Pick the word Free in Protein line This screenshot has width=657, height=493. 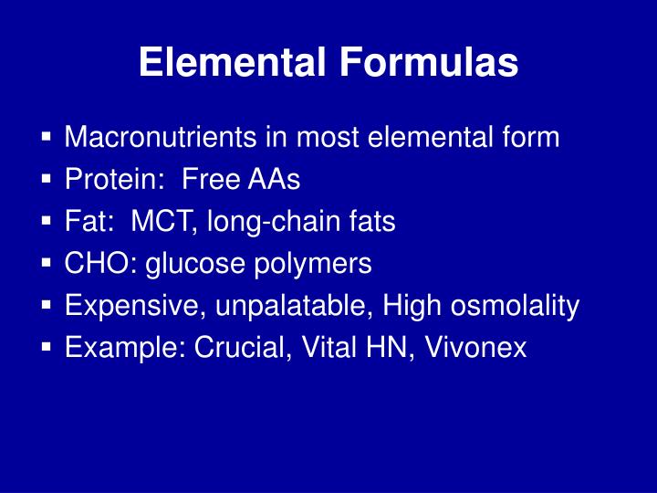coord(209,180)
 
